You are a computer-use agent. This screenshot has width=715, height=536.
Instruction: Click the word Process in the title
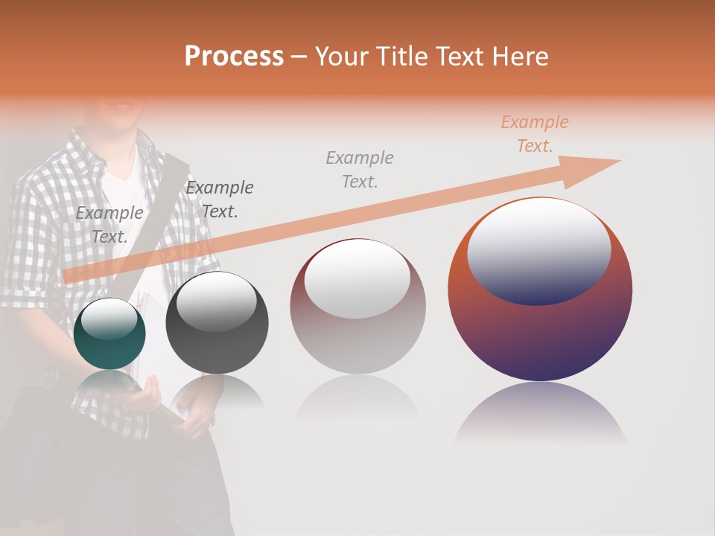coord(234,57)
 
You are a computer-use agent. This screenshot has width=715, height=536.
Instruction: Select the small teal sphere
coord(110,334)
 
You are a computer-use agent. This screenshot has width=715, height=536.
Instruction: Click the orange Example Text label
coord(534,134)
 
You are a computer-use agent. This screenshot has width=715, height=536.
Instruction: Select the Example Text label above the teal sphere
coord(109,225)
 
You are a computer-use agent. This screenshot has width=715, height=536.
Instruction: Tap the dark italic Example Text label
coord(220,200)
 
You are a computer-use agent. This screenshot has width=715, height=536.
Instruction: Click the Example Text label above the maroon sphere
coord(360,169)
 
